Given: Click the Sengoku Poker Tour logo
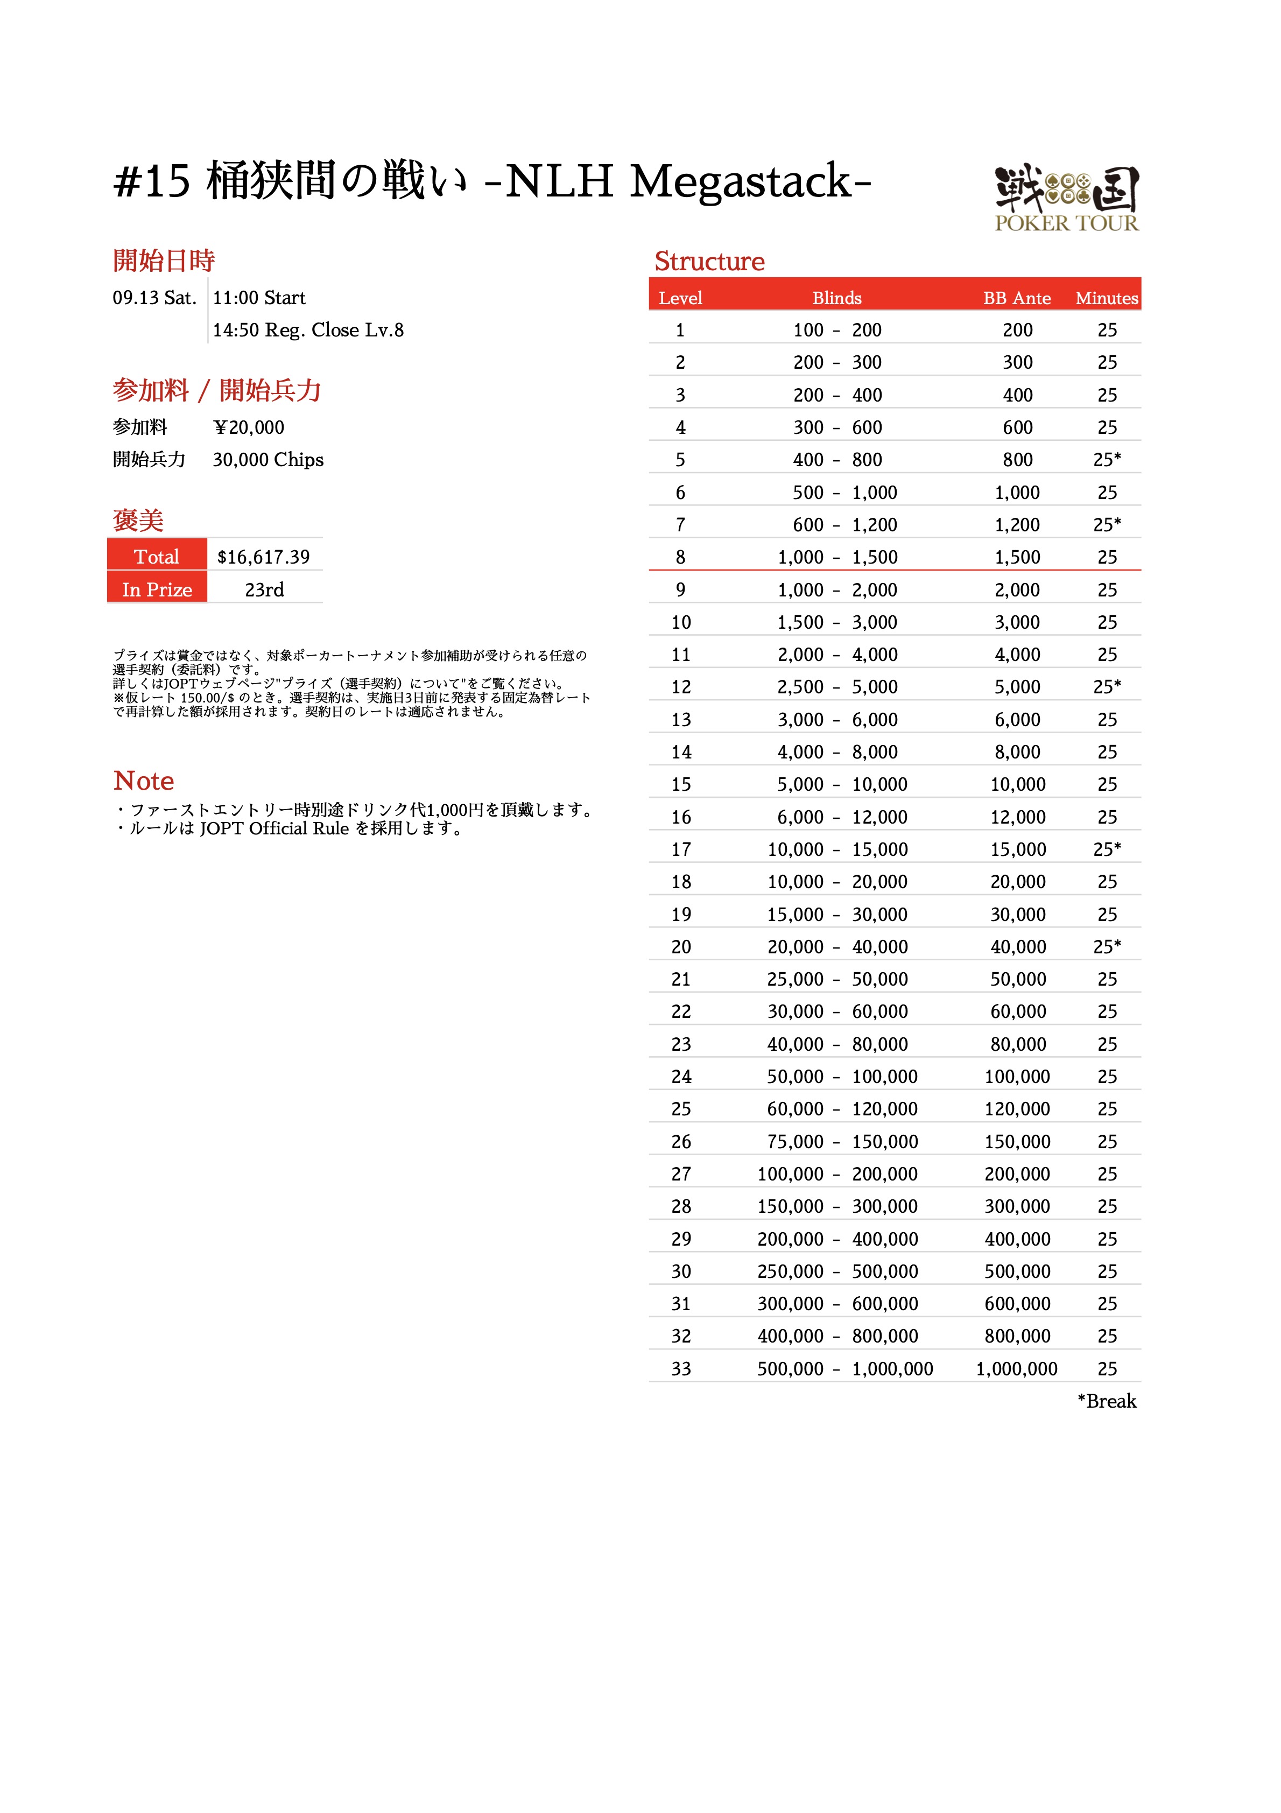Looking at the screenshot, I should click(1066, 198).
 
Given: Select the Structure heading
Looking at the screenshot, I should click(709, 262).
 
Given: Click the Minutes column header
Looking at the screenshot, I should click(1107, 298).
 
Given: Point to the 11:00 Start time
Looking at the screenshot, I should click(259, 298).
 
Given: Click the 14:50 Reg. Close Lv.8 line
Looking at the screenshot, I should click(308, 330).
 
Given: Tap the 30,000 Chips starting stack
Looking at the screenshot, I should click(268, 460).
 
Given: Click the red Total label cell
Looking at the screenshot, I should click(157, 557).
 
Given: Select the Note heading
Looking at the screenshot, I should click(144, 781).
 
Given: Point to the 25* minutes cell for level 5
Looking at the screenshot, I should click(1107, 460).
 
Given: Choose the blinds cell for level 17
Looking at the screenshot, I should click(837, 849).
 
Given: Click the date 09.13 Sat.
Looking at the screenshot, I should click(154, 298).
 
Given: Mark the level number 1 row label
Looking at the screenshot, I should click(680, 330).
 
